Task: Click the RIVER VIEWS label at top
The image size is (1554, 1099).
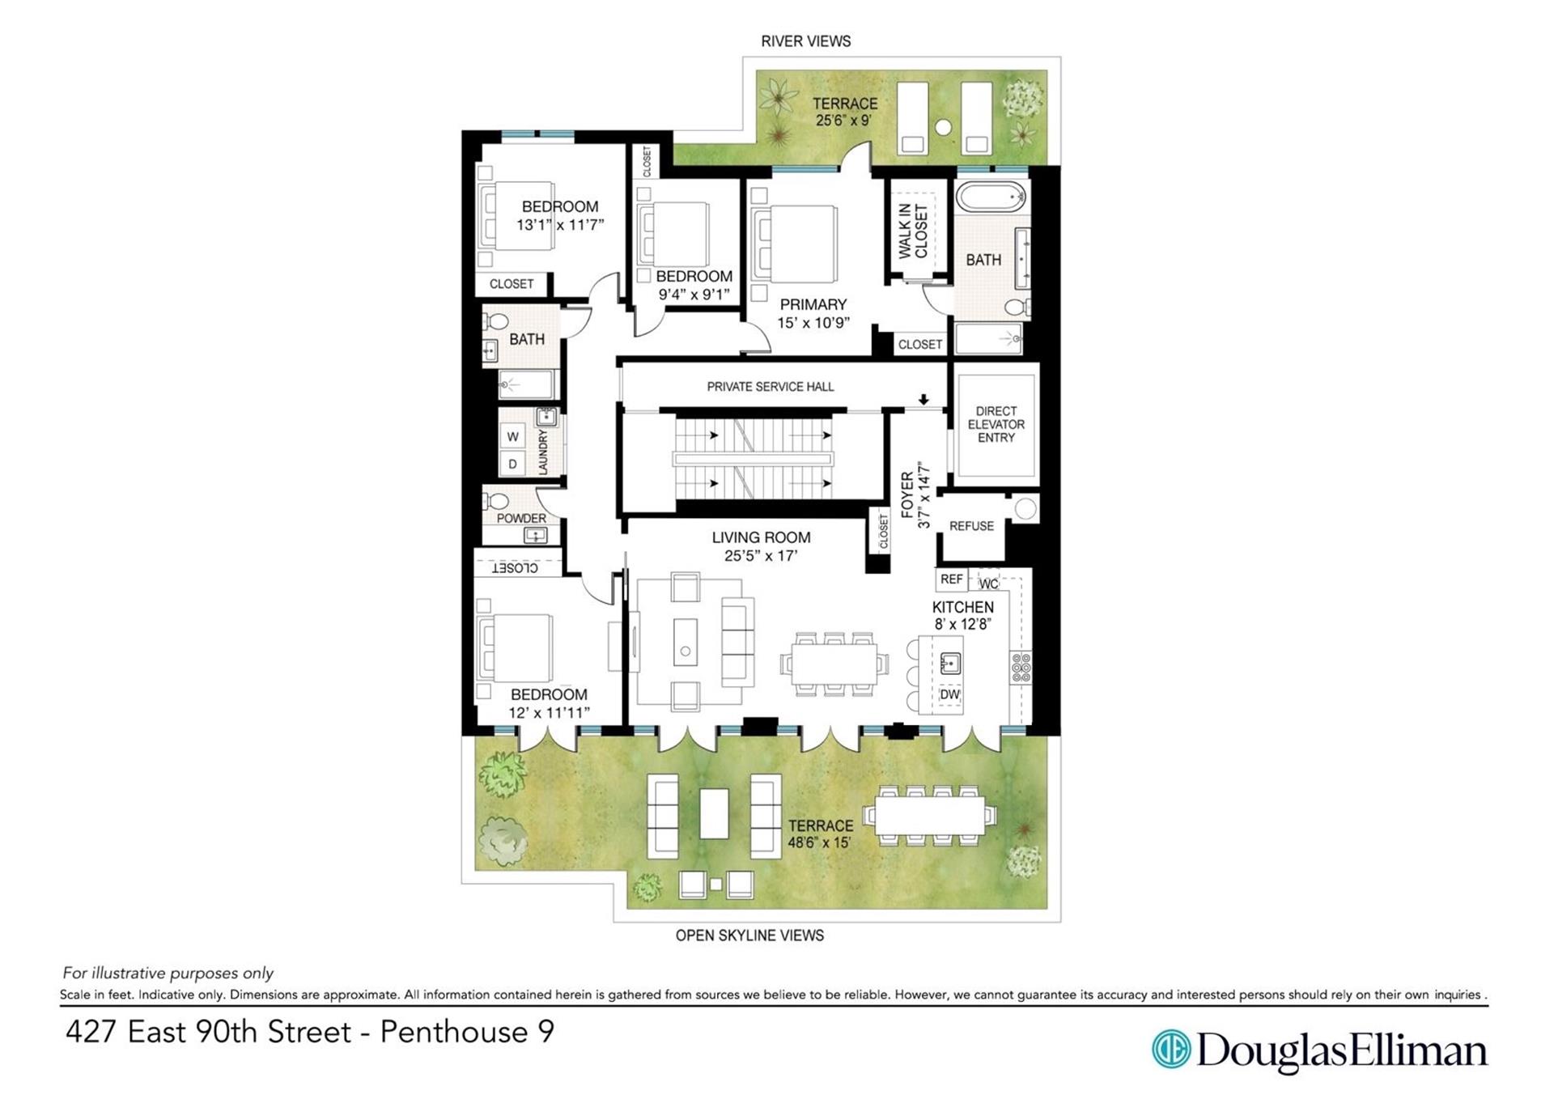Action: tap(805, 41)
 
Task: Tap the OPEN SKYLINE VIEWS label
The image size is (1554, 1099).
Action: tap(749, 936)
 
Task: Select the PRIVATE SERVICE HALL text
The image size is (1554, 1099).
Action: tap(770, 387)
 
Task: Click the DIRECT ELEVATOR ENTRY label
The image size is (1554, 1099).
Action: tap(996, 424)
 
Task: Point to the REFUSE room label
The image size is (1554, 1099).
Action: tap(971, 526)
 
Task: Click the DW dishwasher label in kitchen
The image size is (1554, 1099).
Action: tap(949, 694)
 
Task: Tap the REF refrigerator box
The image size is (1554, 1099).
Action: tap(952, 579)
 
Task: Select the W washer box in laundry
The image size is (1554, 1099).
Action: tap(513, 437)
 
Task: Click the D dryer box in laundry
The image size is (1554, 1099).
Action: tap(513, 465)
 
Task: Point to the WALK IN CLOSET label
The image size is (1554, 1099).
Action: tap(913, 231)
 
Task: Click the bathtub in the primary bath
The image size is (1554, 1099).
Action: tap(991, 197)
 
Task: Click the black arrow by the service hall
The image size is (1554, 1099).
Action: tap(923, 400)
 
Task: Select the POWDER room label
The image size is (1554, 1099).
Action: tap(521, 518)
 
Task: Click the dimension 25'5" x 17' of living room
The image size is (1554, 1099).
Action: tap(761, 556)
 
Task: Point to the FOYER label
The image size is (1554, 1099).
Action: tap(907, 495)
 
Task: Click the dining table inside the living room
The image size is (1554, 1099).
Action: tap(834, 663)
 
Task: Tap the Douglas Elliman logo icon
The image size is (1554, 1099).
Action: tap(1170, 1050)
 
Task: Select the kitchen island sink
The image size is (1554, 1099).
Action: tap(950, 664)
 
